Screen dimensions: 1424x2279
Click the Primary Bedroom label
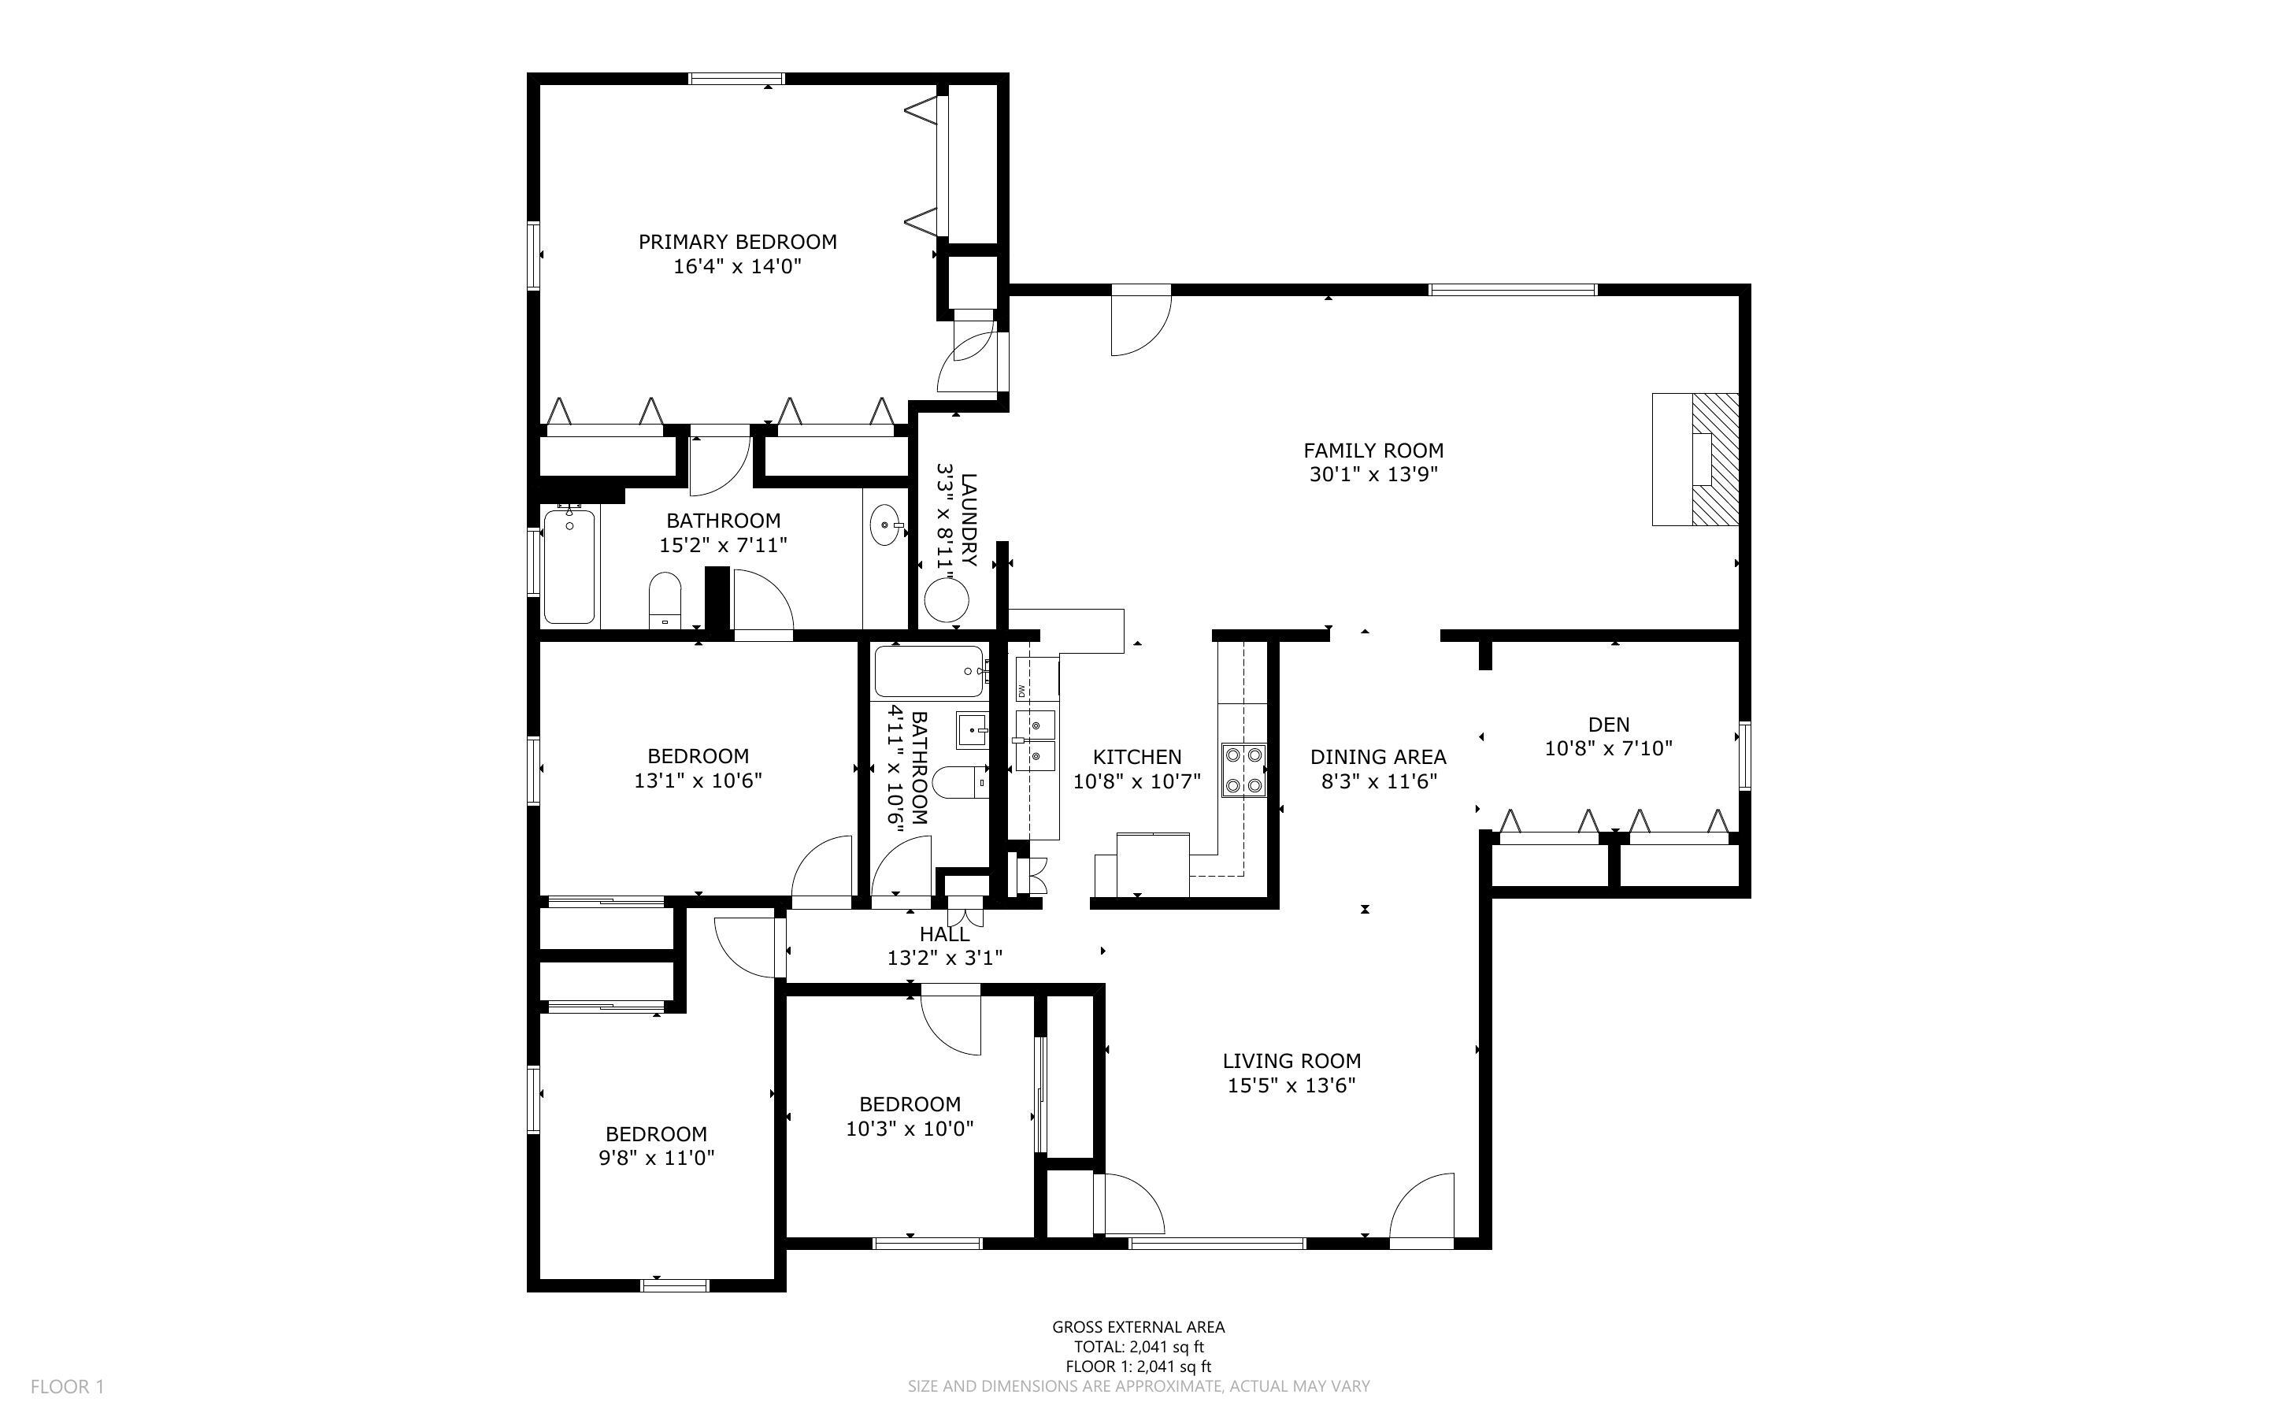pos(737,242)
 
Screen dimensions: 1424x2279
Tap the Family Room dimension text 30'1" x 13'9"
pos(1373,475)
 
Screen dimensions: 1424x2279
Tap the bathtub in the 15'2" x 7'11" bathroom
pos(569,565)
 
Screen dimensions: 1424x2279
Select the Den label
pos(1608,725)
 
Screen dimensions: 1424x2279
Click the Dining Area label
pos(1377,756)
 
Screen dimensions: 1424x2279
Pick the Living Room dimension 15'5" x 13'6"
pos(1291,1085)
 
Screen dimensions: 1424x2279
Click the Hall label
pos(944,934)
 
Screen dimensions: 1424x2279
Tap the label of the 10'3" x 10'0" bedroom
pos(910,1103)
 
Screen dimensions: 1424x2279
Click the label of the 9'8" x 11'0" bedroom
pos(656,1134)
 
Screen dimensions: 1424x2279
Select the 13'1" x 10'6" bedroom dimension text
pos(698,781)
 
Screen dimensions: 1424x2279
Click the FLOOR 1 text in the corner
pos(67,1386)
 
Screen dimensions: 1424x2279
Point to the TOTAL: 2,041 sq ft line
pos(1138,1347)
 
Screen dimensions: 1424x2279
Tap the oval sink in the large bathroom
pos(885,525)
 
